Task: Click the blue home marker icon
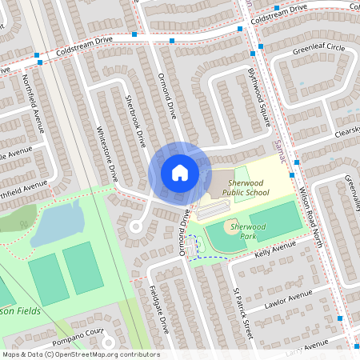click(x=180, y=172)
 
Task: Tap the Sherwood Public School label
click(x=246, y=187)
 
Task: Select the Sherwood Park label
click(x=247, y=231)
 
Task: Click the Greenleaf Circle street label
click(x=318, y=49)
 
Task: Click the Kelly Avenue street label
click(x=274, y=250)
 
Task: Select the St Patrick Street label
click(x=242, y=309)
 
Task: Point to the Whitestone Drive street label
click(x=106, y=151)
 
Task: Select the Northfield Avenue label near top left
click(x=33, y=102)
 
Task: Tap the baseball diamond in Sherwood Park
click(x=224, y=237)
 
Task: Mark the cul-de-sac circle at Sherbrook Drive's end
click(x=135, y=227)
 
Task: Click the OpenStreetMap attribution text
click(x=80, y=354)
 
